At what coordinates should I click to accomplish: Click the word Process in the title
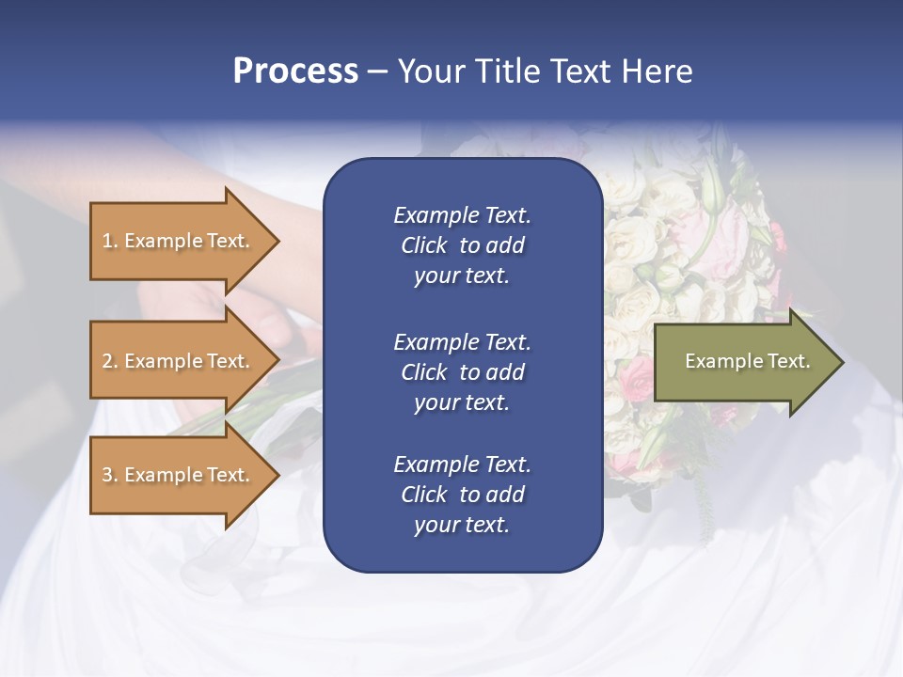click(295, 71)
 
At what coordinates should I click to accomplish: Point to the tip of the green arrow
click(842, 362)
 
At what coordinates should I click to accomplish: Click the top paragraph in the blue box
click(462, 245)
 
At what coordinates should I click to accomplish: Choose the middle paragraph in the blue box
click(462, 372)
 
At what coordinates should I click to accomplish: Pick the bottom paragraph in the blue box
click(462, 495)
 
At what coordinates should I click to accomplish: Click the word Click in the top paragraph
click(424, 245)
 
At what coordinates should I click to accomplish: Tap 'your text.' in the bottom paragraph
click(462, 525)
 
